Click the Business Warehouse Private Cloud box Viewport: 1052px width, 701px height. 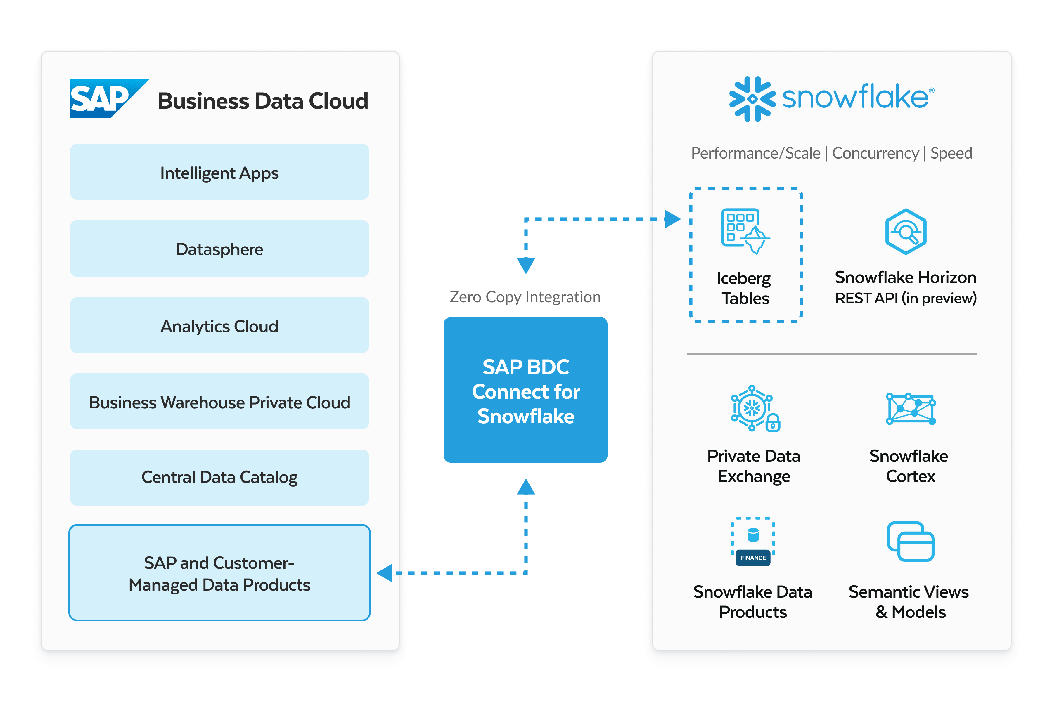(x=219, y=402)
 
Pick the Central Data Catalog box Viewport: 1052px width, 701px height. (x=219, y=477)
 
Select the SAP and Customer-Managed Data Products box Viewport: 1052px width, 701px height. (x=219, y=573)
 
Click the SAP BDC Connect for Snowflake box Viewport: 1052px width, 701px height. (x=525, y=390)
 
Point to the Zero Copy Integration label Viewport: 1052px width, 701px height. (x=525, y=297)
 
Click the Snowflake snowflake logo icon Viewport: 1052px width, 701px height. (x=752, y=99)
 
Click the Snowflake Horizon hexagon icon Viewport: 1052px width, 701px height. (x=906, y=232)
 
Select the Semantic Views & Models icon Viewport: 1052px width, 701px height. (x=911, y=542)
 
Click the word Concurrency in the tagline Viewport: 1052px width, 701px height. (x=875, y=153)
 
